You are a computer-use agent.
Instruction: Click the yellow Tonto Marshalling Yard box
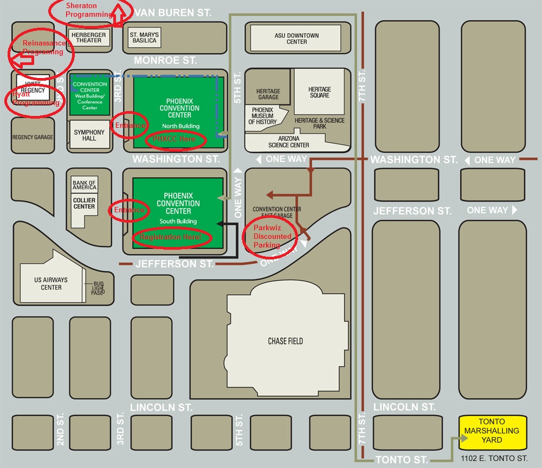[493, 431]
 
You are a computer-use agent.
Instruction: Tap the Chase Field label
[285, 341]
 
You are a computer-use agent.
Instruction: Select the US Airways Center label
[51, 283]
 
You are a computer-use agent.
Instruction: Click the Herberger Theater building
[89, 37]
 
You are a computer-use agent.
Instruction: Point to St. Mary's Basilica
[144, 37]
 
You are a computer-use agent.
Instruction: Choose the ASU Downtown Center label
[296, 38]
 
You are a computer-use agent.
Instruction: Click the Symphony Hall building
[89, 135]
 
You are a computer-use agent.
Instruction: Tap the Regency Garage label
[33, 138]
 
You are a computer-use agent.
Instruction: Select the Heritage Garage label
[268, 94]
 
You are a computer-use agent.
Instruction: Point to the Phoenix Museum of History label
[263, 115]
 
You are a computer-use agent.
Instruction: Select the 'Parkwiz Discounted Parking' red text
[273, 236]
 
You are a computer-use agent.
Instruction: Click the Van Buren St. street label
[173, 12]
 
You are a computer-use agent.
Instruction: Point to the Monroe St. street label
[165, 60]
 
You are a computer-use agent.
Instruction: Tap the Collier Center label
[84, 203]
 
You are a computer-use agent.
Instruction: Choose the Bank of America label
[84, 185]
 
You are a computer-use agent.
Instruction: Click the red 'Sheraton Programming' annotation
[88, 10]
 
